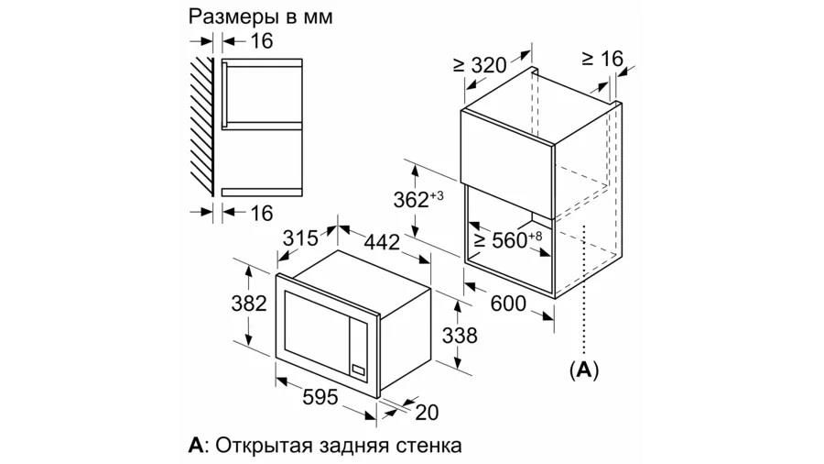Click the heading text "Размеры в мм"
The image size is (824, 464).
(261, 17)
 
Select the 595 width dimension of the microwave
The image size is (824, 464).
(320, 397)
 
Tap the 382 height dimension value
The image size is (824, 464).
(249, 303)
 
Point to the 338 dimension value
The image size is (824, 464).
(460, 335)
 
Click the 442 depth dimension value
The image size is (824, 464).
(382, 242)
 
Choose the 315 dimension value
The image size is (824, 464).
(300, 238)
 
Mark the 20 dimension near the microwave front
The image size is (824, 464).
(427, 413)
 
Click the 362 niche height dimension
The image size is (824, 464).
(418, 199)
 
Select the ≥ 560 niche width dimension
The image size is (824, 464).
(507, 240)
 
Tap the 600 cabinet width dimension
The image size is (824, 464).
(508, 303)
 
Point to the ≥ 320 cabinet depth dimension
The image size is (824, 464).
(480, 65)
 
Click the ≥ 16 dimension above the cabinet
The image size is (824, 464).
(602, 59)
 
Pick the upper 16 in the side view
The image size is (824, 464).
(261, 40)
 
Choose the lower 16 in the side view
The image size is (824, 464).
(261, 213)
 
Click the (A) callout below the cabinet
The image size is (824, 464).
(584, 370)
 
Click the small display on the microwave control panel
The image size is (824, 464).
(358, 370)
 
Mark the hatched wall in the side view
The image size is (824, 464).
(201, 127)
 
